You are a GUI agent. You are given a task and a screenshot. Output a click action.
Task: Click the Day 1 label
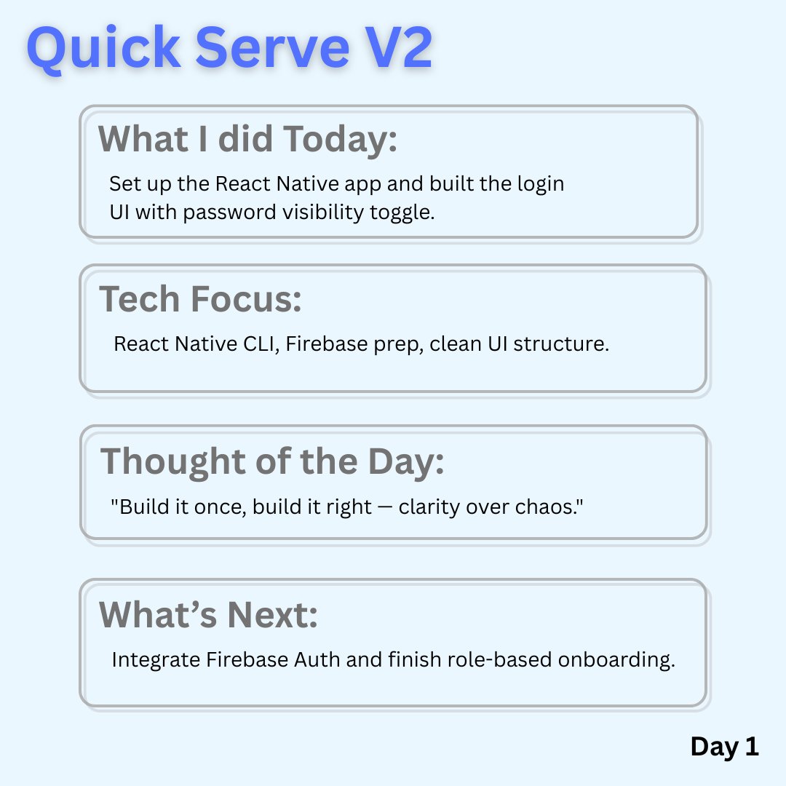tap(724, 747)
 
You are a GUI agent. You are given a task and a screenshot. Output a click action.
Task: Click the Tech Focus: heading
tap(200, 299)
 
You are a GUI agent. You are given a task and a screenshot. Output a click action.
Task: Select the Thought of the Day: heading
tap(272, 461)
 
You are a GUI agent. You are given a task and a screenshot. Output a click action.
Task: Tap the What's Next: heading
tap(209, 615)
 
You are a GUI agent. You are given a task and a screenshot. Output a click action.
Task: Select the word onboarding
tap(616, 661)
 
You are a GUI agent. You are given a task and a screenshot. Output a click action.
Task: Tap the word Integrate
tap(156, 661)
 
